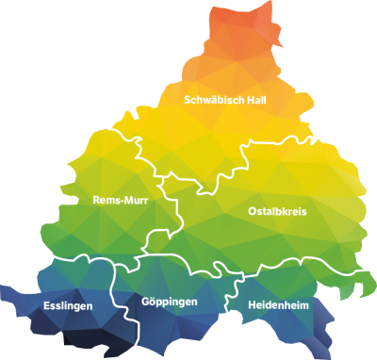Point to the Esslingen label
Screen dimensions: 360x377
(x=68, y=306)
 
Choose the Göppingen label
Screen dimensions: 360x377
(x=169, y=302)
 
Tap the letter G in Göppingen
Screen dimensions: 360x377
(x=145, y=302)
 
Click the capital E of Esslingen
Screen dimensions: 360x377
(x=47, y=306)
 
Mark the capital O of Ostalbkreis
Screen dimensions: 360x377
(x=253, y=212)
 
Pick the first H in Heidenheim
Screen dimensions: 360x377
(x=252, y=305)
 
